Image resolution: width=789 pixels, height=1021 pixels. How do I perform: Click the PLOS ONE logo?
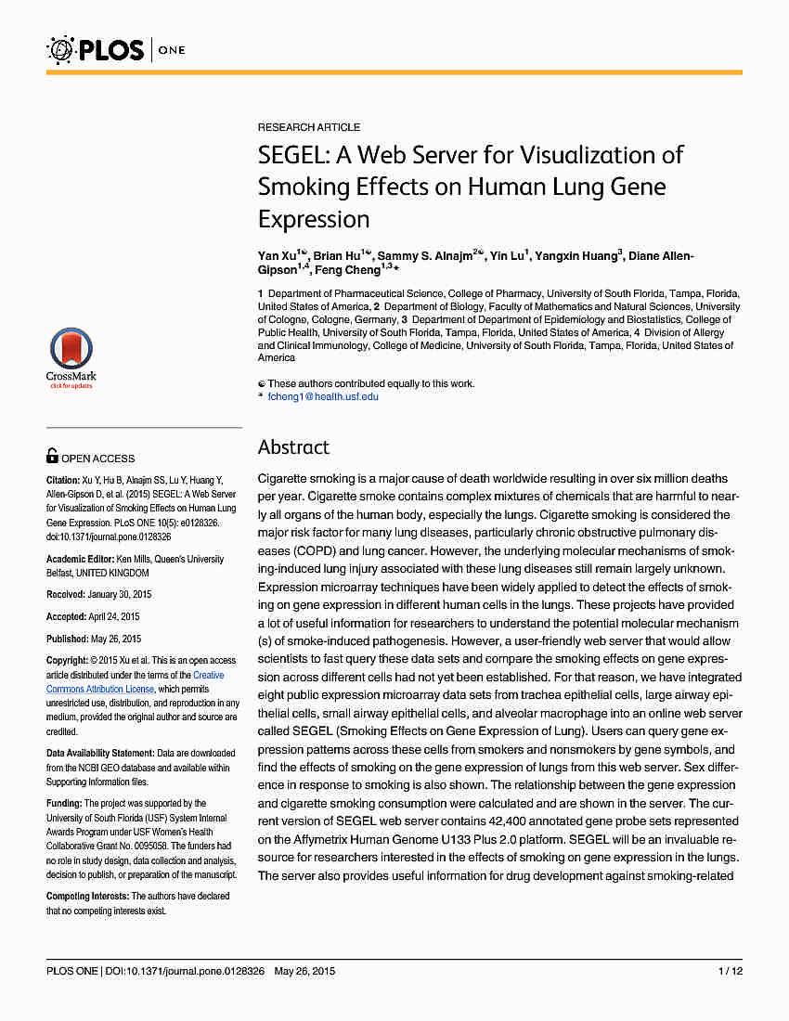click(115, 48)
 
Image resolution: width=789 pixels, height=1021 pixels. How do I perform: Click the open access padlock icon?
click(52, 456)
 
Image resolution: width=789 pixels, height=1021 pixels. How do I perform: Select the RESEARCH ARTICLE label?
click(309, 127)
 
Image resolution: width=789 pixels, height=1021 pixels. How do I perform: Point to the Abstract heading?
click(293, 447)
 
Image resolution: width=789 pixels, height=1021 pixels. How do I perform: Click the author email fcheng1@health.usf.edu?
click(323, 396)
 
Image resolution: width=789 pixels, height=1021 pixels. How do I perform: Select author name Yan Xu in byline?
click(279, 256)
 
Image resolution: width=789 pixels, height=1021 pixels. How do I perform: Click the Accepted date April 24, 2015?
click(116, 616)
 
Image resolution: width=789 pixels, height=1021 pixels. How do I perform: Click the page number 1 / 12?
click(730, 971)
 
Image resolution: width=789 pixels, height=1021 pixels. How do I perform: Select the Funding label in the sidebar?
click(64, 803)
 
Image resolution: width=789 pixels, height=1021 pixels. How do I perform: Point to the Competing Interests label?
click(87, 896)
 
